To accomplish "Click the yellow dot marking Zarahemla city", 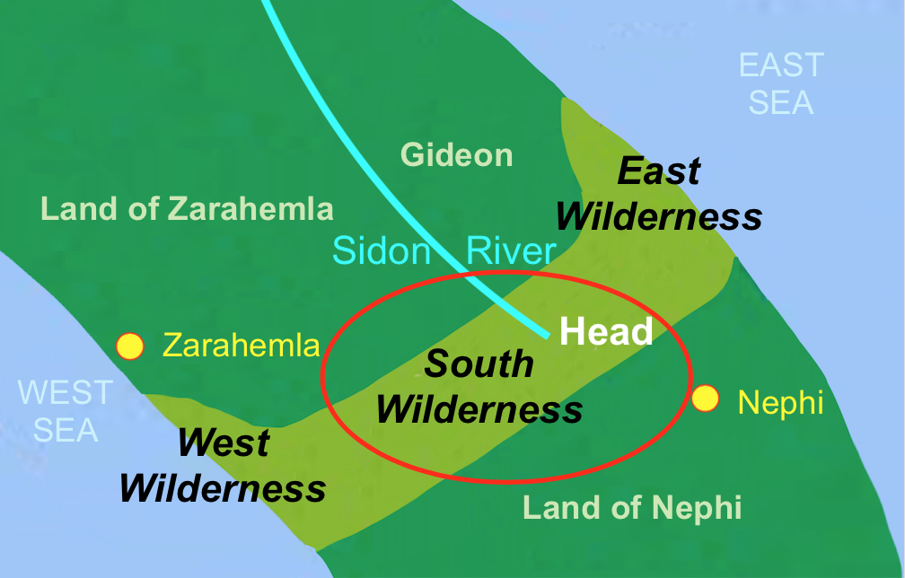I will pos(131,346).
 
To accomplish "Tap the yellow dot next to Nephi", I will pos(706,398).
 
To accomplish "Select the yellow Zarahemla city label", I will pos(241,346).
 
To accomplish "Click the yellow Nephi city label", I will pos(780,402).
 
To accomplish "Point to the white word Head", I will pos(606,332).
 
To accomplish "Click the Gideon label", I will pos(457,155).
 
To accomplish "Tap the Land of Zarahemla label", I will pos(188,209).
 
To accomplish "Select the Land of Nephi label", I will pos(632,508).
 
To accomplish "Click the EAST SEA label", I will pos(781,83).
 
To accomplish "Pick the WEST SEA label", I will pos(66,411).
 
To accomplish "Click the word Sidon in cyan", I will pos(382,250).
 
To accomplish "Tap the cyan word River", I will pos(511,250).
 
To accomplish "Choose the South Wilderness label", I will pos(479,387).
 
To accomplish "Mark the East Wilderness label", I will pos(659,195).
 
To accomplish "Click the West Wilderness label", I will pos(223,466).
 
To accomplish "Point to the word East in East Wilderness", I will pos(660,171).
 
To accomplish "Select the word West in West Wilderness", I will pos(224,442).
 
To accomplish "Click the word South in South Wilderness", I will pos(479,363).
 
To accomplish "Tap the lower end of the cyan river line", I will pos(546,335).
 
